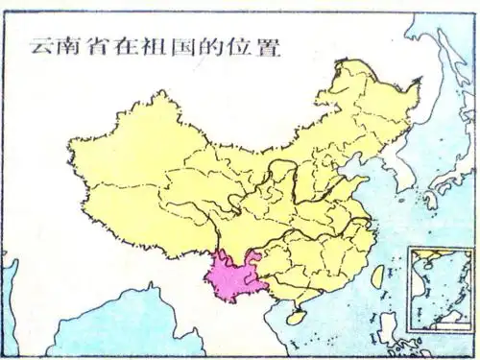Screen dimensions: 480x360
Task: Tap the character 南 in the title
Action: pos(69,45)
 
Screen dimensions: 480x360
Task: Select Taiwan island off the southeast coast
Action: pos(376,276)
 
